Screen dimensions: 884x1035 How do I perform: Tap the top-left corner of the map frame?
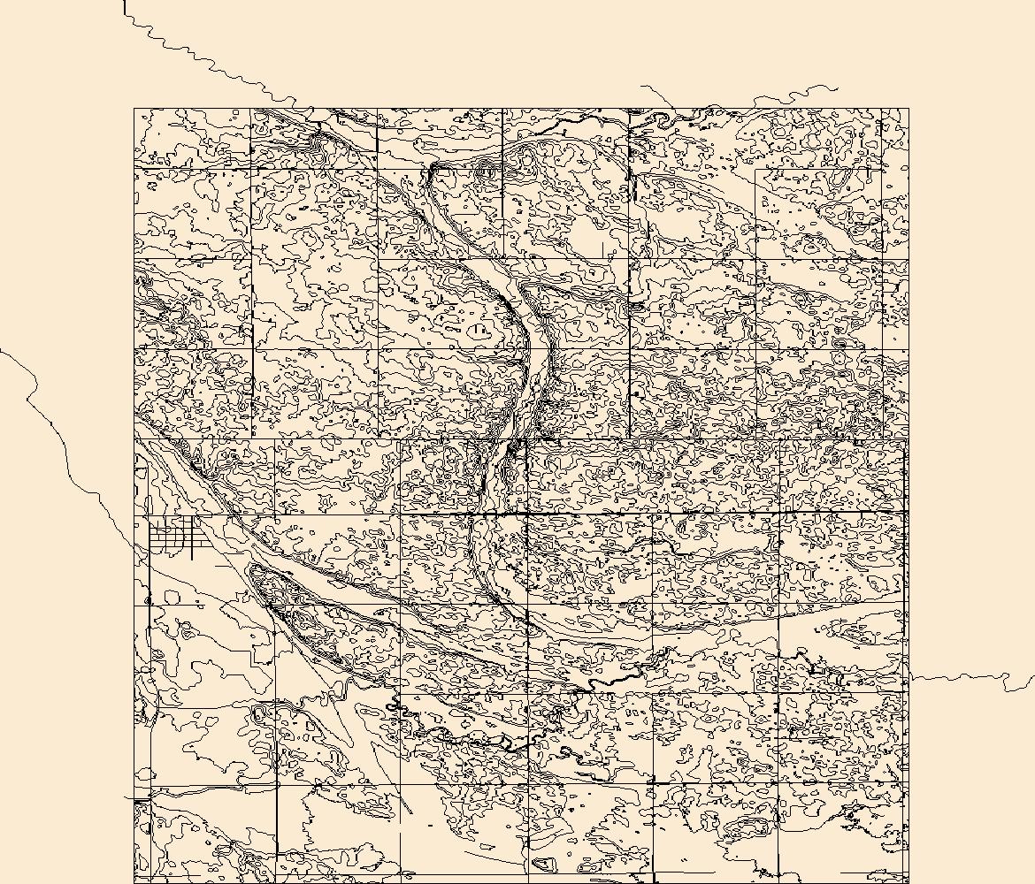tap(134, 109)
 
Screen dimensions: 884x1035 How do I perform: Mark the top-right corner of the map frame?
tap(908, 109)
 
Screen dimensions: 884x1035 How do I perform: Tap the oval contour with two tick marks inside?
tap(479, 331)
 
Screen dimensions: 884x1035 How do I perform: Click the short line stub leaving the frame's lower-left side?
tap(129, 798)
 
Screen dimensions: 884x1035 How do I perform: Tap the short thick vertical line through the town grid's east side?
tap(193, 539)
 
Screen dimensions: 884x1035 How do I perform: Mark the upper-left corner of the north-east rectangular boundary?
tap(756, 168)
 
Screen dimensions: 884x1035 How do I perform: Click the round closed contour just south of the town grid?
tap(172, 598)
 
